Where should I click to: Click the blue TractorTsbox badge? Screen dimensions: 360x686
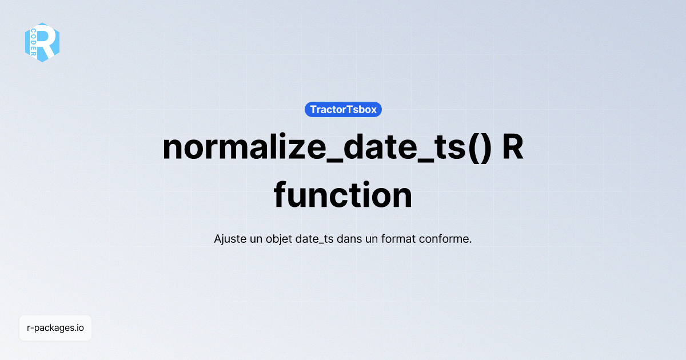(x=343, y=109)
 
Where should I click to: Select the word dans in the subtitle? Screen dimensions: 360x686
(x=349, y=239)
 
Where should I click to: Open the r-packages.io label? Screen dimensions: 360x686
(x=55, y=328)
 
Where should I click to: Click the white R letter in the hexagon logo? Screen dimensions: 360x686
(x=48, y=42)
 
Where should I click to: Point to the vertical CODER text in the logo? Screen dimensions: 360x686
(x=34, y=42)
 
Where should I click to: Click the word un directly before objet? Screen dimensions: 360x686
(x=256, y=239)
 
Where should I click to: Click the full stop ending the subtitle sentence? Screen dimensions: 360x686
(x=470, y=242)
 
